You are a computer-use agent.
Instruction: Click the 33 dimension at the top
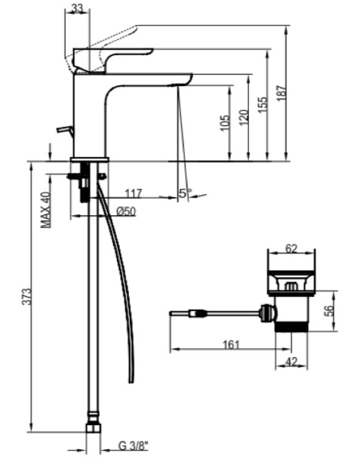[77, 9]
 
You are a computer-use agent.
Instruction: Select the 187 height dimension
[282, 93]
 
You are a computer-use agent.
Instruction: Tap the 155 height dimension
[263, 104]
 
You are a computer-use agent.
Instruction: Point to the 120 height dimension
[244, 118]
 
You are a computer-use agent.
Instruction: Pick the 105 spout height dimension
[225, 123]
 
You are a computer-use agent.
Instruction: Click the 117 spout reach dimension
[133, 193]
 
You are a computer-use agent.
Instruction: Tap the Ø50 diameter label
[126, 211]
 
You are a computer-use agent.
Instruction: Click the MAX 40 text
[45, 210]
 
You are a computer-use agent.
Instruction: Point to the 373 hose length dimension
[26, 297]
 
